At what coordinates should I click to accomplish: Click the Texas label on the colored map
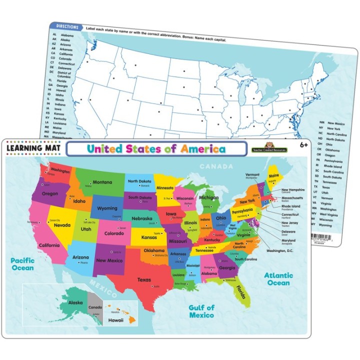144,280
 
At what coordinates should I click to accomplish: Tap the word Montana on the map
102,182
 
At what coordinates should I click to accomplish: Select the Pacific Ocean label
23,264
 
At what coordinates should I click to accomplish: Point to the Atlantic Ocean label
278,279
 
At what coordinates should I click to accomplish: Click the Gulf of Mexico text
201,311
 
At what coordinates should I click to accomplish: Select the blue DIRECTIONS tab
67,26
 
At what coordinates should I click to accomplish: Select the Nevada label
61,225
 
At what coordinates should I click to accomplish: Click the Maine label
274,175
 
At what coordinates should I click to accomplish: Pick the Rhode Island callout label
290,206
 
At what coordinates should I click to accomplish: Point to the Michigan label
209,198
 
